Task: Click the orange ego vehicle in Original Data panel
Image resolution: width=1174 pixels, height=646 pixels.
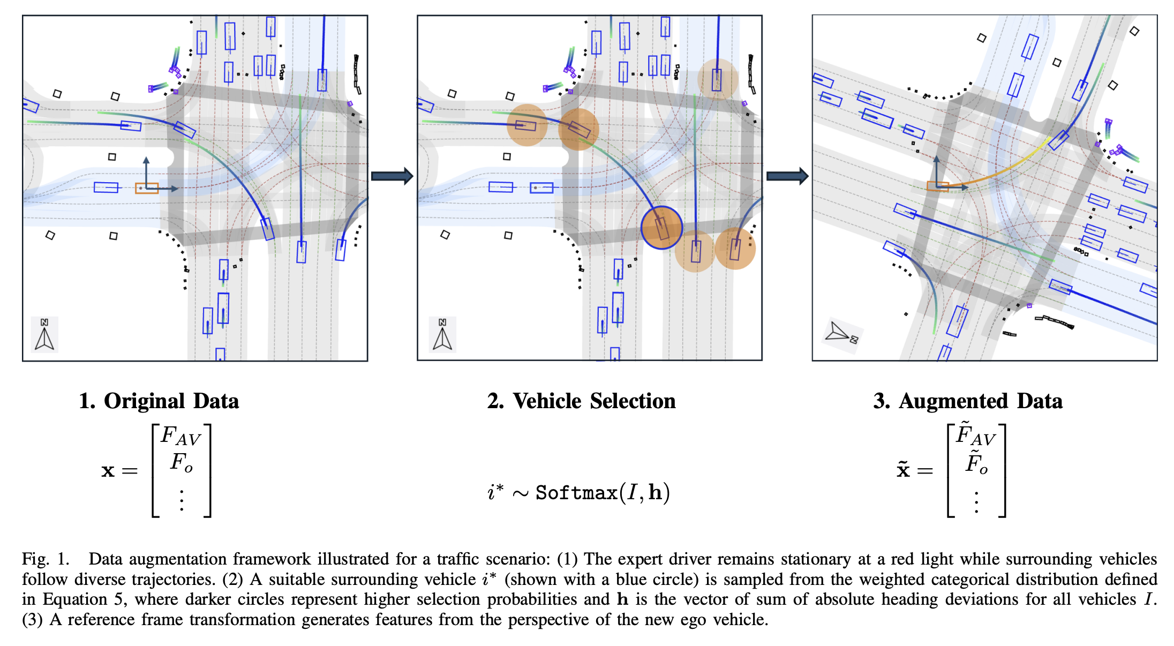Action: [146, 188]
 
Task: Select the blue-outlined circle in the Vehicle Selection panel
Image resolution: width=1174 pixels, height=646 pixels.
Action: [661, 228]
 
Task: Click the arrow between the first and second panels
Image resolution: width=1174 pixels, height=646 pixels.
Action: [392, 176]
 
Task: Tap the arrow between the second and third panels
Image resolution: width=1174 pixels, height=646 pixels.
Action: [787, 176]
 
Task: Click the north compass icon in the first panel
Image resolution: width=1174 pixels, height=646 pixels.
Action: [44, 335]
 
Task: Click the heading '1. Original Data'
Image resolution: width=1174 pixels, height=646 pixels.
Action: [159, 401]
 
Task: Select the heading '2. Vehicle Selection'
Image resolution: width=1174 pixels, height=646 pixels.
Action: [581, 401]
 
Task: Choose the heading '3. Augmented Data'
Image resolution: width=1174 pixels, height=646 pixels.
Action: [967, 401]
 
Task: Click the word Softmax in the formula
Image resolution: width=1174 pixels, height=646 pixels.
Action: [576, 493]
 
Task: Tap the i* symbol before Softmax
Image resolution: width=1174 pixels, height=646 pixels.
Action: [495, 492]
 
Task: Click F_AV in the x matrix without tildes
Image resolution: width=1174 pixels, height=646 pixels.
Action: [180, 436]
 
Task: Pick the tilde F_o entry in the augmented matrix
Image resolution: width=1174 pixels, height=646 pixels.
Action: [976, 463]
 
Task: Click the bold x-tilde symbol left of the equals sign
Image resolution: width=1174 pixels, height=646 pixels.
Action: [903, 470]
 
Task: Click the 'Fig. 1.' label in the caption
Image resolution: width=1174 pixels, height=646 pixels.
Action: [46, 559]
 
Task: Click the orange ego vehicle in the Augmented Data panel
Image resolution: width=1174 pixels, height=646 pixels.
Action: [938, 186]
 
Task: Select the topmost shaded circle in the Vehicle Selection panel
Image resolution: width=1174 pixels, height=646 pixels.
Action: [718, 79]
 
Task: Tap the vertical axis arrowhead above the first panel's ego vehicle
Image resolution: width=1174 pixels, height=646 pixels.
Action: [146, 160]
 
